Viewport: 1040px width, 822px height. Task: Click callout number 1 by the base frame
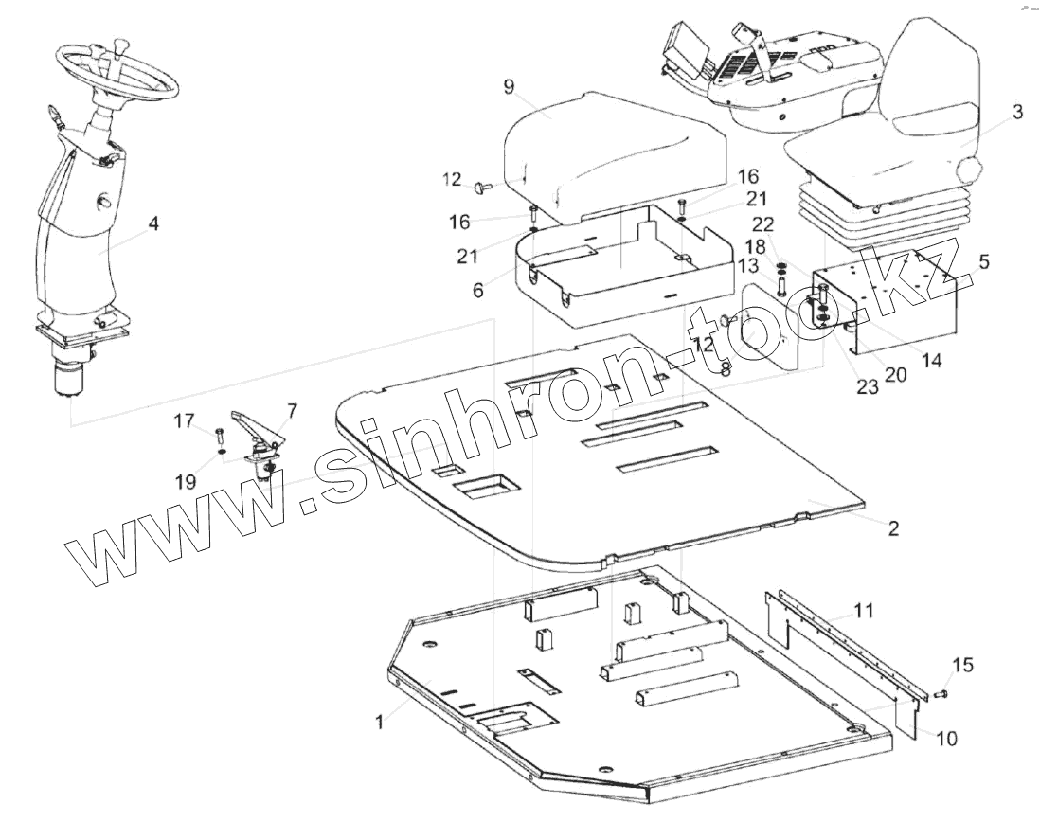379,722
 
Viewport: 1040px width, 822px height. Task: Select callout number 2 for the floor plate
892,528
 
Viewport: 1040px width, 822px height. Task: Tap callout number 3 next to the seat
1016,113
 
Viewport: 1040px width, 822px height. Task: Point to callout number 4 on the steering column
152,224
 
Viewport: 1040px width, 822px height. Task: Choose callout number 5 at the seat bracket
983,262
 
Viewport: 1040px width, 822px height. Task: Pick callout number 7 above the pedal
291,411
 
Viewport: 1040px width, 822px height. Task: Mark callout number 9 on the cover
509,87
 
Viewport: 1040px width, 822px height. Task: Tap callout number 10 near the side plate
946,737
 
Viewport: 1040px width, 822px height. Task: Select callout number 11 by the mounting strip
862,610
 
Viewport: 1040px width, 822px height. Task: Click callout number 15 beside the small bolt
961,666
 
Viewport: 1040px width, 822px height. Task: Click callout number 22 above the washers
762,223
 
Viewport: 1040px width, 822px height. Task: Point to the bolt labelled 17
220,437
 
